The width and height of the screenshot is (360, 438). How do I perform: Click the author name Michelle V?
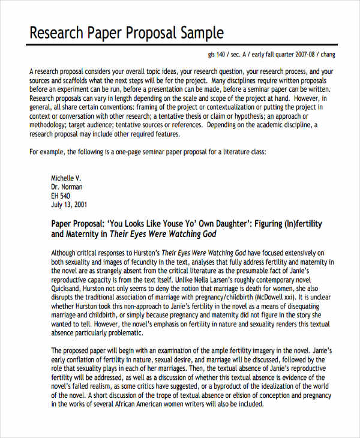pos(66,178)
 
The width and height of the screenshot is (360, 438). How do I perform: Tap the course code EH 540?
pos(61,196)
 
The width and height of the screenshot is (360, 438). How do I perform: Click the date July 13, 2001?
pos(70,205)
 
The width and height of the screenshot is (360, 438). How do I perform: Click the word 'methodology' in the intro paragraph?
pos(49,125)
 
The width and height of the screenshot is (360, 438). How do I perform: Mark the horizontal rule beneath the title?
pos(180,45)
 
